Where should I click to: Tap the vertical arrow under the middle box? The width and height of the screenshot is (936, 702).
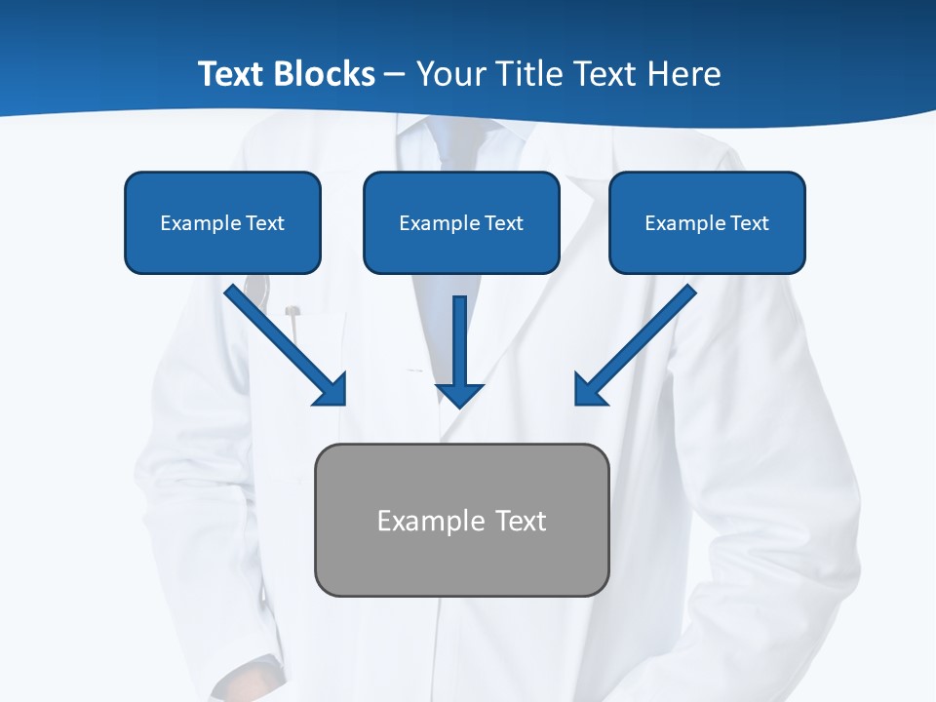460,341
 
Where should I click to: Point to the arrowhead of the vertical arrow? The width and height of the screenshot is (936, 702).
460,394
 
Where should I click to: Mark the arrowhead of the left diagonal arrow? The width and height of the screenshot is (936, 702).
331,390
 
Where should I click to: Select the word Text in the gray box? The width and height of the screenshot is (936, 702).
522,521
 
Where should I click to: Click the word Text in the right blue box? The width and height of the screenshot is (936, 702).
749,223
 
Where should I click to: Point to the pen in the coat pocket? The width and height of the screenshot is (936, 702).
292,317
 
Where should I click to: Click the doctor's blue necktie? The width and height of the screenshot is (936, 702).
455,146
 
